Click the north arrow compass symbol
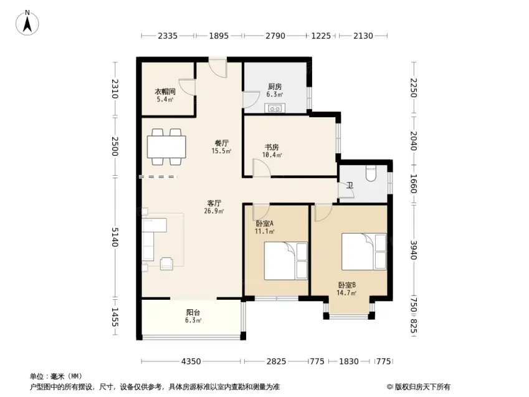click(x=27, y=22)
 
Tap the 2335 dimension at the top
click(x=168, y=36)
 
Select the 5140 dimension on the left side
click(x=115, y=237)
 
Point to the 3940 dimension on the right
click(x=414, y=250)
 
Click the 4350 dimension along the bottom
click(x=191, y=361)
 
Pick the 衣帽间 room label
click(x=165, y=92)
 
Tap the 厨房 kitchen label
click(x=275, y=87)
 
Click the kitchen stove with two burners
click(x=275, y=108)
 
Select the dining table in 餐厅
click(x=166, y=147)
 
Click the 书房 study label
click(x=272, y=147)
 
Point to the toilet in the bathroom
click(x=371, y=173)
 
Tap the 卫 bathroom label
click(x=350, y=185)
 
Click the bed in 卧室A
click(x=286, y=261)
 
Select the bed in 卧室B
click(x=364, y=252)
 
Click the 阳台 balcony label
click(x=193, y=312)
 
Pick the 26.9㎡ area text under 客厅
click(x=214, y=211)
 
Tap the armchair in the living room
click(x=166, y=264)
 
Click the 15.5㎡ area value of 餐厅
click(x=221, y=151)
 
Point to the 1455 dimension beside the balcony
click(x=115, y=317)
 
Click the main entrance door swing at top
click(x=218, y=69)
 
